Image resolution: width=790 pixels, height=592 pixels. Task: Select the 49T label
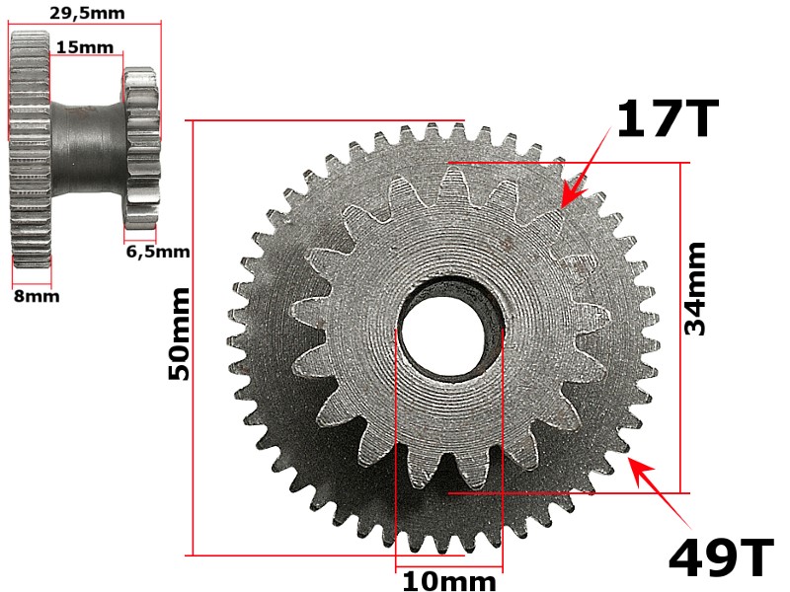[x=720, y=559]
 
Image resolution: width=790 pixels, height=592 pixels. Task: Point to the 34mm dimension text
[x=696, y=288]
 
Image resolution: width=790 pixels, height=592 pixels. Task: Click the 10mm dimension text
[x=449, y=581]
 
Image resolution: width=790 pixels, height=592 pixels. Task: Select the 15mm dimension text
[x=85, y=46]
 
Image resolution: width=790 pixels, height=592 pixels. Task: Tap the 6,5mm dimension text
[x=157, y=251]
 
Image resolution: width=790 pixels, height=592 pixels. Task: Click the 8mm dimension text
[x=36, y=295]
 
